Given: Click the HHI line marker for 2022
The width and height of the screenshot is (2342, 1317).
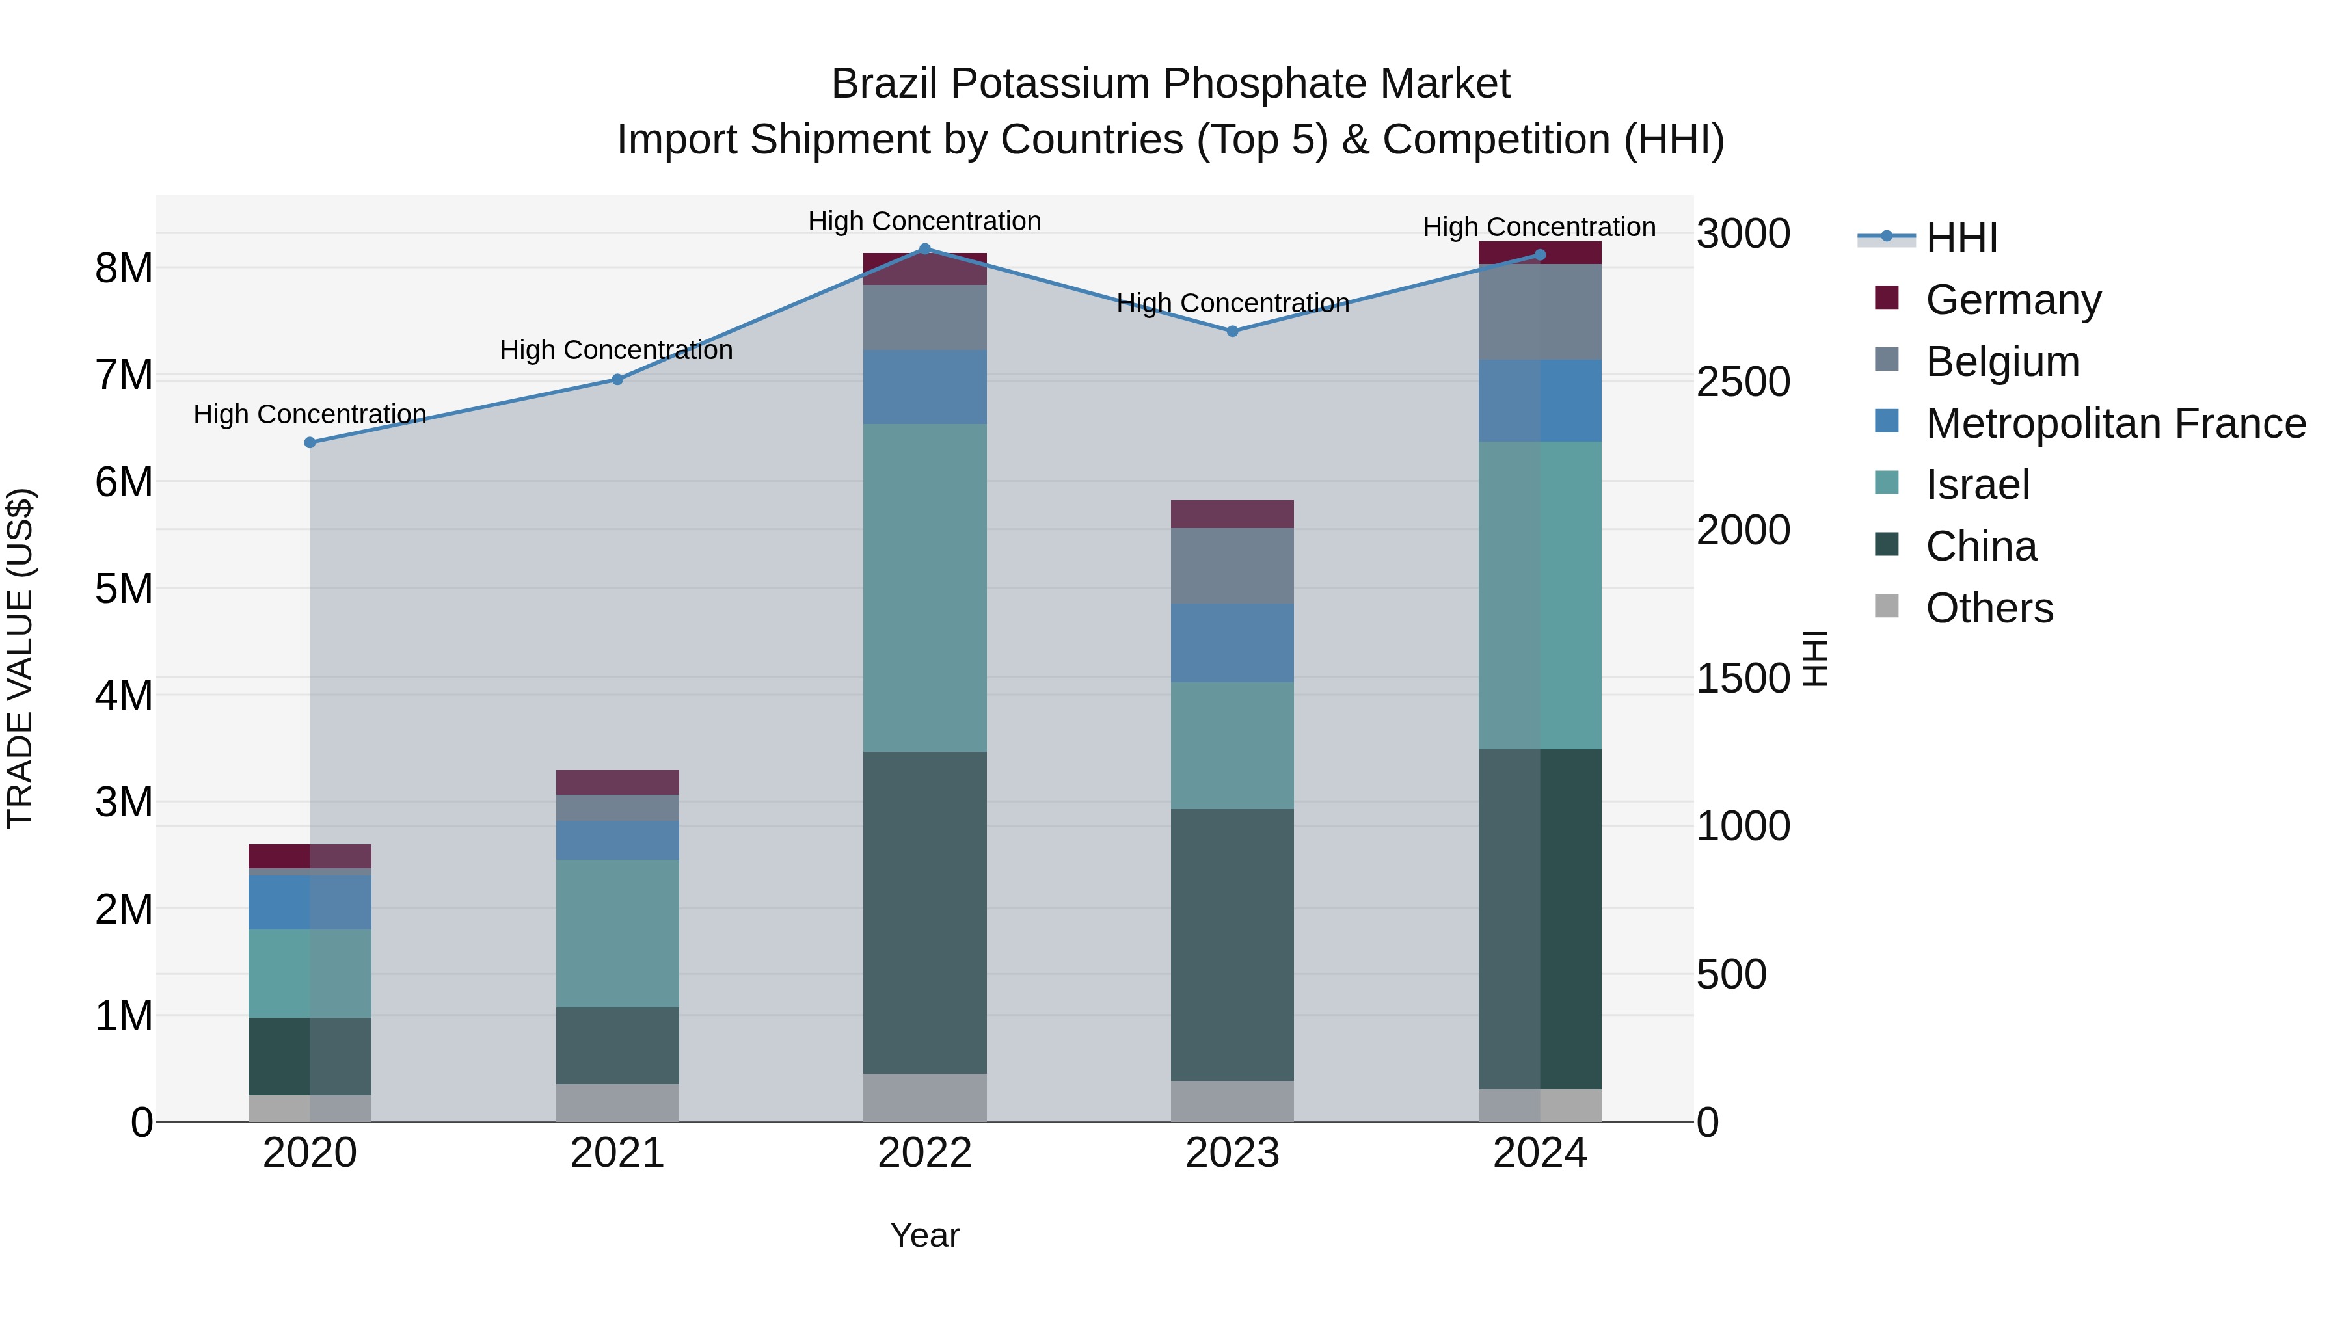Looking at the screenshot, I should pos(924,249).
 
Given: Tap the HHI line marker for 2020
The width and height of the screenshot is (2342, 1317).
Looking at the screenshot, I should pos(310,443).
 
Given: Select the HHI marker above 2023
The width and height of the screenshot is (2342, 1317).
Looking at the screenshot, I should pos(1232,332).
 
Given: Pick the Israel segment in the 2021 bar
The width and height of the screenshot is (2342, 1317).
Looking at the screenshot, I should pos(617,933).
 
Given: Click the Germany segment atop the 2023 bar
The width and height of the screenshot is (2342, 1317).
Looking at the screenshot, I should pos(1232,514).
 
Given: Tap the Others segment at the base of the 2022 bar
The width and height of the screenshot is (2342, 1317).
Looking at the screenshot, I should pos(924,1098).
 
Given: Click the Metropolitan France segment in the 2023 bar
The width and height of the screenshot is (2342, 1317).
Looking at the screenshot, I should pos(1232,643).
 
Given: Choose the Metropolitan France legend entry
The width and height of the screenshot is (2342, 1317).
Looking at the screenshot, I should pos(2115,423).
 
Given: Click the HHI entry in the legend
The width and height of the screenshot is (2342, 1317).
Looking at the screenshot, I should pos(1961,238).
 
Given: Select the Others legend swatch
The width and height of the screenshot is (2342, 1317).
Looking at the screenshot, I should pos(1887,606).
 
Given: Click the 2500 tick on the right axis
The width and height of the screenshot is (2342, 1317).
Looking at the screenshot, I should pos(1742,382).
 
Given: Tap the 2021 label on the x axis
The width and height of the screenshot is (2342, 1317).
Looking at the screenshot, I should pos(617,1153).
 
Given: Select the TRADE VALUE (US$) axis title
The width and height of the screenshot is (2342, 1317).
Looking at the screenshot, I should pos(20,658).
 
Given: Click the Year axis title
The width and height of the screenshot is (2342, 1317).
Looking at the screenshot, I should pos(924,1235).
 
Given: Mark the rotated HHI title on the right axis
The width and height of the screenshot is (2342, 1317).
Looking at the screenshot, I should pos(1814,658).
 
